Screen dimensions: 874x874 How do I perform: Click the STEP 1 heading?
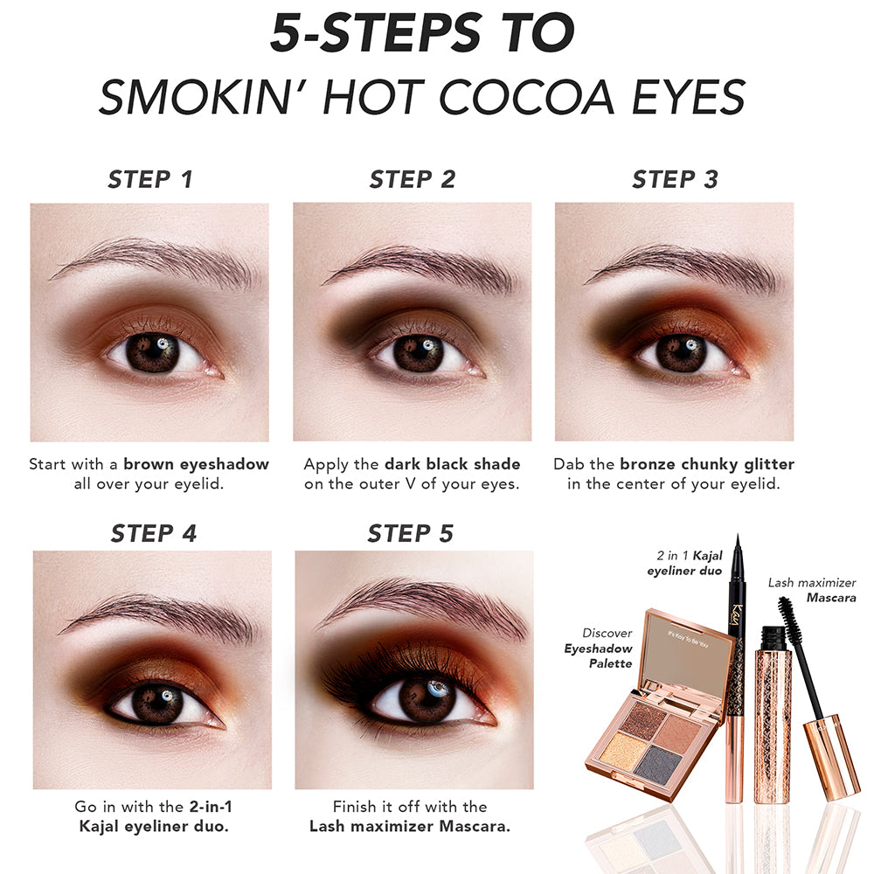(150, 179)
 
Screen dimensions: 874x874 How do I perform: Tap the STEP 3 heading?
(675, 179)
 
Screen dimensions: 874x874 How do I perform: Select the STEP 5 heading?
(410, 533)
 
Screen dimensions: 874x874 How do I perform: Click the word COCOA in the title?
(526, 97)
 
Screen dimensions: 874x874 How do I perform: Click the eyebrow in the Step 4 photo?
(162, 616)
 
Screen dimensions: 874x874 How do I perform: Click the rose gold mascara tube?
(773, 716)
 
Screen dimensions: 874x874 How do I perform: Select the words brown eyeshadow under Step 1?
(196, 464)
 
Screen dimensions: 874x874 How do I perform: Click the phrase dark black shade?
(453, 464)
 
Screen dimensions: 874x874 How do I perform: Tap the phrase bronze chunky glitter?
(707, 464)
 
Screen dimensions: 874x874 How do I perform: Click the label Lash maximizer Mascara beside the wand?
(812, 590)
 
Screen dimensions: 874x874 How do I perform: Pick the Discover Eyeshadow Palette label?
(599, 649)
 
